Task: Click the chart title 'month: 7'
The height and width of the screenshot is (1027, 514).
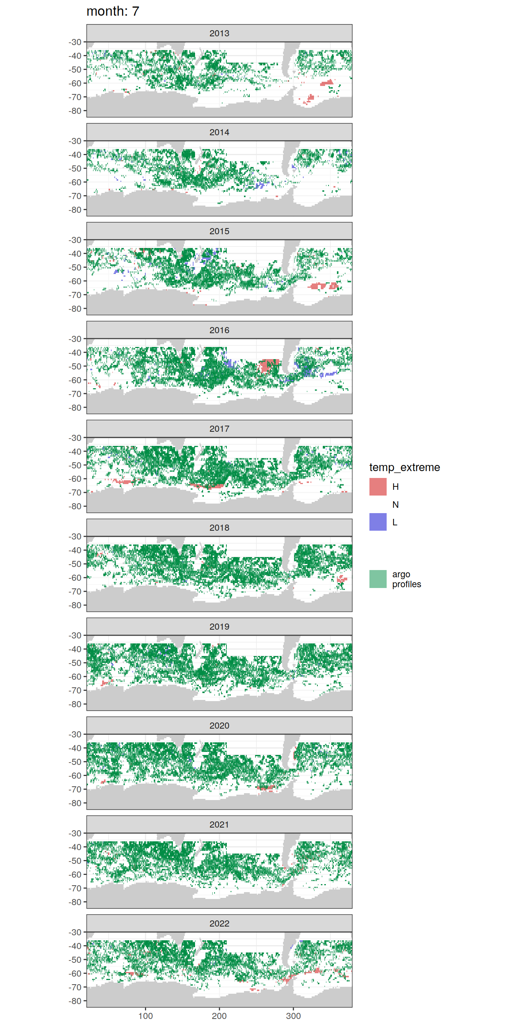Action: click(x=113, y=11)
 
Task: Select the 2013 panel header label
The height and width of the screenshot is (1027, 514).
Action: click(x=219, y=33)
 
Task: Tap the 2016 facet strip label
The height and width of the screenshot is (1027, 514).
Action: click(x=219, y=330)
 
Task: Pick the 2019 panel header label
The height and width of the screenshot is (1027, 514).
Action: click(x=219, y=627)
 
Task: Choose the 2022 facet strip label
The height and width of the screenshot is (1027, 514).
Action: click(x=219, y=923)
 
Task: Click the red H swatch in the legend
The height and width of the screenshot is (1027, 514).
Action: click(x=378, y=487)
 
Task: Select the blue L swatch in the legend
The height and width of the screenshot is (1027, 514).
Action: click(x=378, y=522)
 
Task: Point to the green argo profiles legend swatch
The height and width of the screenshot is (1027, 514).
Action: click(x=378, y=579)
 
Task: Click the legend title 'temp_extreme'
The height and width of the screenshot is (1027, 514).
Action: click(x=405, y=467)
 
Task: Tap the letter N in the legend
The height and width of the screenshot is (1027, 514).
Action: click(x=395, y=505)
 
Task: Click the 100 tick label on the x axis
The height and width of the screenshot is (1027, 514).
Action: click(x=145, y=1016)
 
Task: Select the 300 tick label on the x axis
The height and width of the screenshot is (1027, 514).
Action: click(x=293, y=1016)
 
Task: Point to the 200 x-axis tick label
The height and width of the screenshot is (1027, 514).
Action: click(x=219, y=1016)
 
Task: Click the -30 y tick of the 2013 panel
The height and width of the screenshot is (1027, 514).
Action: click(x=75, y=42)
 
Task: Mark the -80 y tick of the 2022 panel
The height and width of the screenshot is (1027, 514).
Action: click(x=75, y=1001)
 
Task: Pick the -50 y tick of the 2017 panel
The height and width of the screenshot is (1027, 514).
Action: click(x=75, y=465)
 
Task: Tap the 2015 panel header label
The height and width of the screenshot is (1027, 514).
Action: click(x=219, y=231)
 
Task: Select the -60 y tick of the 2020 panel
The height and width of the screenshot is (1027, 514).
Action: click(x=75, y=776)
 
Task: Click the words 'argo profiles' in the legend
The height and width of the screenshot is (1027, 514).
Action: click(x=406, y=579)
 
